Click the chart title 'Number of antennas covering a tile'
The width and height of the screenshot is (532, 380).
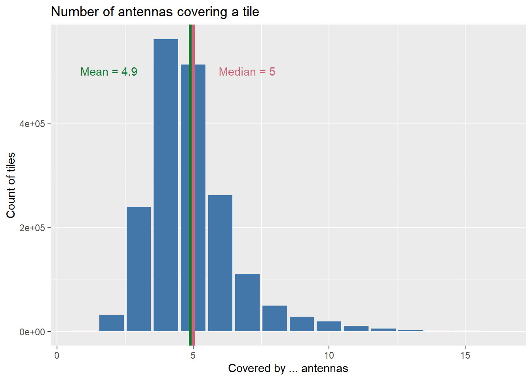[x=155, y=12]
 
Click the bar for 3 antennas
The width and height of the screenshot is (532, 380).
[x=139, y=269]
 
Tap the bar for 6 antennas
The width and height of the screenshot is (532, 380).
[x=220, y=263]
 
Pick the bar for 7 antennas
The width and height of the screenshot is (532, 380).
[x=247, y=303]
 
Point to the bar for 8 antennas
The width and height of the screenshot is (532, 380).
[x=275, y=319]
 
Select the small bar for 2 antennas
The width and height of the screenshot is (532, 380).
[x=112, y=323]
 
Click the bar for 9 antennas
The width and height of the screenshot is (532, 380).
[x=302, y=324]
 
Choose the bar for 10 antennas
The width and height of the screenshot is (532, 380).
[x=329, y=327]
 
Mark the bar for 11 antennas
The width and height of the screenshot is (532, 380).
[x=356, y=329]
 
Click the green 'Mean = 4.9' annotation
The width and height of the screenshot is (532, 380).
[x=109, y=72]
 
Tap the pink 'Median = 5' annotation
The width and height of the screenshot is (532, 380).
[x=247, y=72]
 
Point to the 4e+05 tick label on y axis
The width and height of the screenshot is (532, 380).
[x=32, y=123]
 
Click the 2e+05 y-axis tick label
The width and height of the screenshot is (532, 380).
[x=32, y=228]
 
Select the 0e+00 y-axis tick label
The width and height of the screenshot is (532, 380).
[x=32, y=332]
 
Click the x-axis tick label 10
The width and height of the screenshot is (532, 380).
[x=329, y=355]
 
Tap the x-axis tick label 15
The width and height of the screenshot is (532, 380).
[x=465, y=355]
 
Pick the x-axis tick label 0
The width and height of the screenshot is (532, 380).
[x=57, y=355]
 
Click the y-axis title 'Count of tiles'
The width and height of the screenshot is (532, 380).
[x=11, y=185]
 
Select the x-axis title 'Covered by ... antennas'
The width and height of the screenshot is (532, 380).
[x=288, y=369]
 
